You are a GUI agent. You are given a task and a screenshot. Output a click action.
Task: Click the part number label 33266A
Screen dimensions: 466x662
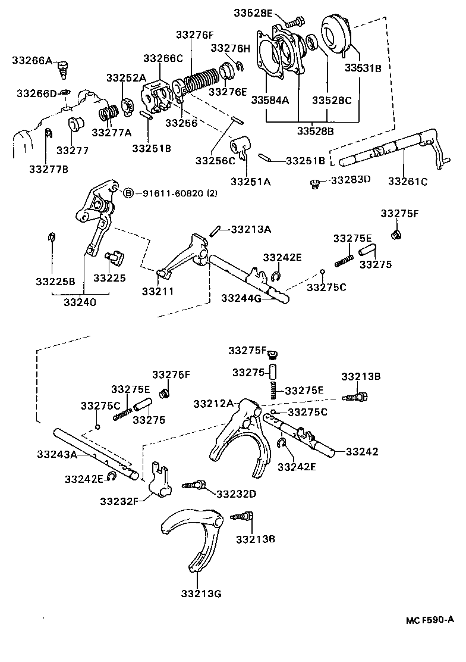32,60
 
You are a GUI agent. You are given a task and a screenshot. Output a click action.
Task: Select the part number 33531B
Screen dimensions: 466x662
363,68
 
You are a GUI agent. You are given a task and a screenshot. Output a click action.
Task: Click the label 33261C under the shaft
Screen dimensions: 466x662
408,182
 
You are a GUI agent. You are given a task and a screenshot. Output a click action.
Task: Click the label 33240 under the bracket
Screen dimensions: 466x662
80,302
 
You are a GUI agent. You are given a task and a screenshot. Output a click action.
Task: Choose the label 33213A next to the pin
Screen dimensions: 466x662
251,229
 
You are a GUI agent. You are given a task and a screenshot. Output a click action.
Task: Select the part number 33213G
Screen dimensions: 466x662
201,594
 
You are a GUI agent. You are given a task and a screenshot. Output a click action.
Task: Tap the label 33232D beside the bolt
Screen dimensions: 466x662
236,494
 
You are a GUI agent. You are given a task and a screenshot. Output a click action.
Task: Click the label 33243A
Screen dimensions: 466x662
57,454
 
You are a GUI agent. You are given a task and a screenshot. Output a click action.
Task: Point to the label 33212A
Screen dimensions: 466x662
213,404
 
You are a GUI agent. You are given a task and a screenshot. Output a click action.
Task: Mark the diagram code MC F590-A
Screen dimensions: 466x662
430,620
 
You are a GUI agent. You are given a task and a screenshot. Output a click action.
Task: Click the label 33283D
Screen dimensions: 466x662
351,180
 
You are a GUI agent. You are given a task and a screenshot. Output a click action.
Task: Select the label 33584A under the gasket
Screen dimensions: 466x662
270,100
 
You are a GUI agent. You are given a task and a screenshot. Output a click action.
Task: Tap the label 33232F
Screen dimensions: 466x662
119,501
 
